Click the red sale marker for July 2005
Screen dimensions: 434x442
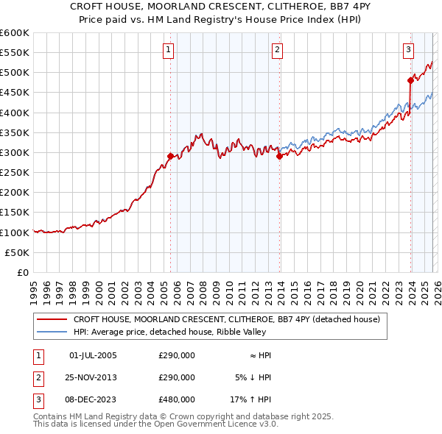point(170,156)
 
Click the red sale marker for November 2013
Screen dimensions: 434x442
point(279,156)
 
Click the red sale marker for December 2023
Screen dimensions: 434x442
point(410,80)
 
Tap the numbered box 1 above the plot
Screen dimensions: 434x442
point(169,50)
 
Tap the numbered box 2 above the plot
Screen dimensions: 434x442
point(278,50)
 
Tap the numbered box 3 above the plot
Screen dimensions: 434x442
point(408,50)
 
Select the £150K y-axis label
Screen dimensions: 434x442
point(15,213)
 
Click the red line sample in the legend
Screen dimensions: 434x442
point(52,320)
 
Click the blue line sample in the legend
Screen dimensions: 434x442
point(52,332)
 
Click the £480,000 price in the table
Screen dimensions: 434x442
point(177,399)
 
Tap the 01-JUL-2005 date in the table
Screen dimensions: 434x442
point(93,355)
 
